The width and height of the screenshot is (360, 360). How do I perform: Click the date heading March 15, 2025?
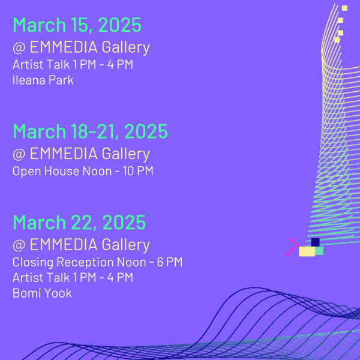tap(77, 25)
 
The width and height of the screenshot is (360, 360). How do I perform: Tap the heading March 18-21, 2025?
tap(90, 131)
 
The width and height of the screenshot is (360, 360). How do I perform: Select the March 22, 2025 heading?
tap(79, 222)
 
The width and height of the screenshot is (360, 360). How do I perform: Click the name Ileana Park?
tap(43, 80)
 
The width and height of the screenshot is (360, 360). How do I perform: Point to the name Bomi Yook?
tap(42, 293)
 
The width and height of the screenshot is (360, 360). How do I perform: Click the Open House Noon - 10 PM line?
tap(83, 171)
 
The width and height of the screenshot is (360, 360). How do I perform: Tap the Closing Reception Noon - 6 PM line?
tap(98, 262)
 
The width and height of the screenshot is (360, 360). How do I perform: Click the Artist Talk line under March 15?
tap(73, 64)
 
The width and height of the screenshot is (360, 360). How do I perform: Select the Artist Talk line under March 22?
tap(73, 277)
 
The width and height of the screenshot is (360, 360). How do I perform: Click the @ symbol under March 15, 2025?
tap(19, 47)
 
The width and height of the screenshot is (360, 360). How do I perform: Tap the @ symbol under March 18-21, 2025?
tap(19, 154)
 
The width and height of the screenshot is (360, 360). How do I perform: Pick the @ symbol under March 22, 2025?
tap(19, 245)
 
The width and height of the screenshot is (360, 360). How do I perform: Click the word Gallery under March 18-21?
tap(126, 154)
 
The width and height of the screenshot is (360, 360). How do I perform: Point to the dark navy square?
tap(315, 242)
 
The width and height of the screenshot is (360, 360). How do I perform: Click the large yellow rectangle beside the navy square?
tap(307, 251)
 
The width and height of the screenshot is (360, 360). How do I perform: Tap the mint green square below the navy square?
tap(319, 251)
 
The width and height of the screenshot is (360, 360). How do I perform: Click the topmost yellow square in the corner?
tap(344, 8)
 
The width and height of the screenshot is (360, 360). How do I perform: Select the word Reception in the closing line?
tap(85, 262)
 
